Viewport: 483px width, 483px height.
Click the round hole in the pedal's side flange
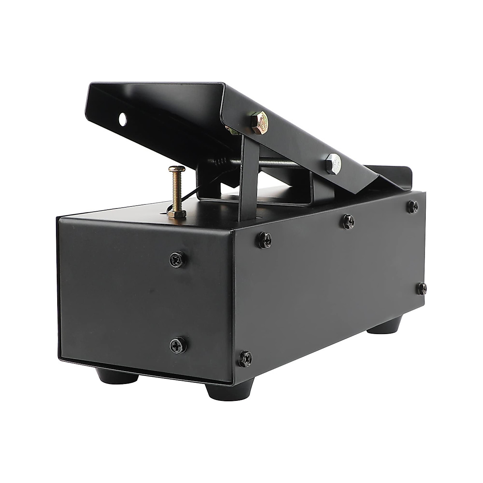122,118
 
